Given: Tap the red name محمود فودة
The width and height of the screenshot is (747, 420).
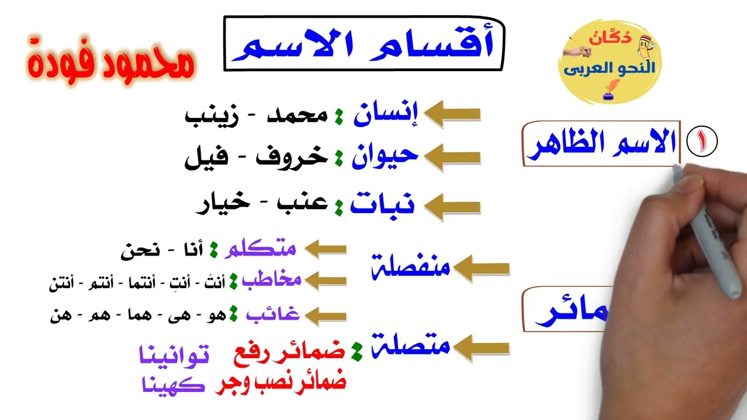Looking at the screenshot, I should [x=110, y=61].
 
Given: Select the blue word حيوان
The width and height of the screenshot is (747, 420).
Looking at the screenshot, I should [x=385, y=156].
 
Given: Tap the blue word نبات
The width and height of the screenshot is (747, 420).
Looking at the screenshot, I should [x=382, y=205].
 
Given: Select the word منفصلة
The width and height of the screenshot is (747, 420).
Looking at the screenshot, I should [x=411, y=268].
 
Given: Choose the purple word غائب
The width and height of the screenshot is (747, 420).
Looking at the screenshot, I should [x=273, y=315].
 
